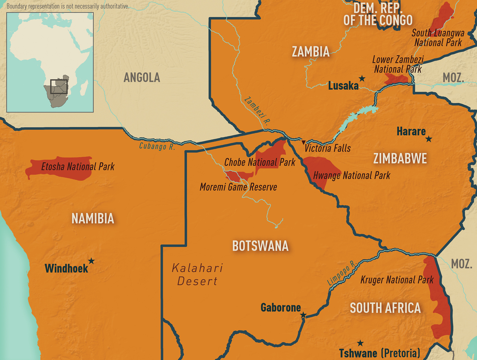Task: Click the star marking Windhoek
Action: point(91,261)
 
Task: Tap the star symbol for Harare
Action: point(429,139)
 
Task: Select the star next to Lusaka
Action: point(362,78)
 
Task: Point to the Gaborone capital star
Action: point(303,316)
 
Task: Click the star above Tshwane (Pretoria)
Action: point(360,343)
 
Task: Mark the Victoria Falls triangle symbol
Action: point(303,142)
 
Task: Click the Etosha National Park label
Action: point(78,167)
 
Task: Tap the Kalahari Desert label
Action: point(198,274)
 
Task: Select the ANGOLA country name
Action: point(142,78)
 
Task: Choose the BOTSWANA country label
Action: point(260,246)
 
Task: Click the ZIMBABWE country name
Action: point(400,159)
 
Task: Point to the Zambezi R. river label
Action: point(257,110)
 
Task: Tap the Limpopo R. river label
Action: point(342,274)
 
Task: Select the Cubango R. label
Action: point(157,146)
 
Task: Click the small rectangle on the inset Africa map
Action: point(59,86)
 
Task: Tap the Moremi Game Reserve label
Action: point(238,187)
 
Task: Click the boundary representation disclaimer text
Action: point(68,6)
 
